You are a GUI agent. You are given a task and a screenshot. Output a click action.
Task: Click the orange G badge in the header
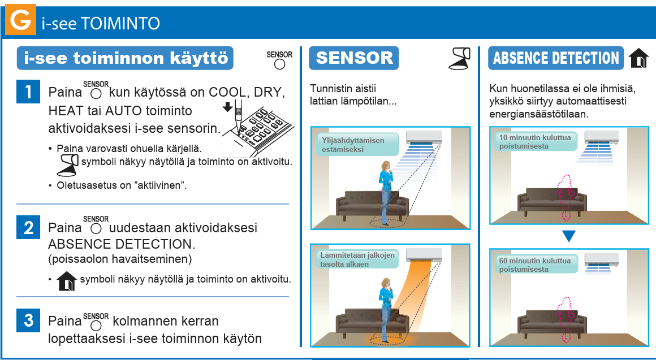click(x=20, y=19)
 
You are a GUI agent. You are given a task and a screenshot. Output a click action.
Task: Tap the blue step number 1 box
click(x=28, y=91)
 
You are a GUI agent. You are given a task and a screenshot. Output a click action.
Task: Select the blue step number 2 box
click(x=28, y=227)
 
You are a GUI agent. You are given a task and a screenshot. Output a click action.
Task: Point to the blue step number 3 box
click(x=28, y=320)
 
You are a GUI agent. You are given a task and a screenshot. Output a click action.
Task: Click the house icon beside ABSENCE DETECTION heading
click(x=638, y=58)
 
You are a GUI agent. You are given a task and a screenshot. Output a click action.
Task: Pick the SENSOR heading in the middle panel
click(x=354, y=58)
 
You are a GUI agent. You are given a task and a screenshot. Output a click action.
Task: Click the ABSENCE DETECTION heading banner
click(x=555, y=58)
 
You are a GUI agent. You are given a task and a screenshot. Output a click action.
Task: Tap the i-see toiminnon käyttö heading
click(x=125, y=58)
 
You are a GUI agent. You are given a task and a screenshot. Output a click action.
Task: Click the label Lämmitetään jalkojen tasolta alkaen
click(x=357, y=259)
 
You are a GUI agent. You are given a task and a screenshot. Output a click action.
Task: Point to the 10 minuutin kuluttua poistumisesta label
click(x=535, y=142)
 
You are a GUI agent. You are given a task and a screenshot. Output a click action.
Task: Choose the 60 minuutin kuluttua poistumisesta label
click(x=535, y=264)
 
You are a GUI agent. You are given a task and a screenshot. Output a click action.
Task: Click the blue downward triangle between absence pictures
click(x=568, y=236)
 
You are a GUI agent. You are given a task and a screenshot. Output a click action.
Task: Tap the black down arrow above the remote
click(x=227, y=107)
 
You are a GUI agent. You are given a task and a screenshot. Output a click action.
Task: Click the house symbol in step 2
click(x=67, y=280)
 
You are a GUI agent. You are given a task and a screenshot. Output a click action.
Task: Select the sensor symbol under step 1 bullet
click(x=67, y=164)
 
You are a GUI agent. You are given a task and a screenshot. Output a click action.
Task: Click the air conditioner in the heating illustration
click(x=424, y=254)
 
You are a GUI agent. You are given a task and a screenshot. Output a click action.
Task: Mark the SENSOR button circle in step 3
click(x=96, y=326)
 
